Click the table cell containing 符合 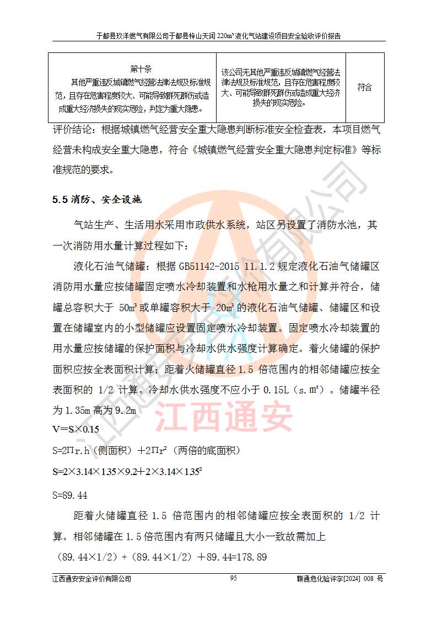[x=364, y=87]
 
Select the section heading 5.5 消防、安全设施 [x=97, y=200]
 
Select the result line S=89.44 [x=70, y=494]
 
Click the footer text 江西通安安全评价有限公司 [x=92, y=579]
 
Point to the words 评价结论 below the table [x=72, y=130]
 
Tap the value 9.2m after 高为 [x=124, y=410]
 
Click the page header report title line [x=218, y=36]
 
